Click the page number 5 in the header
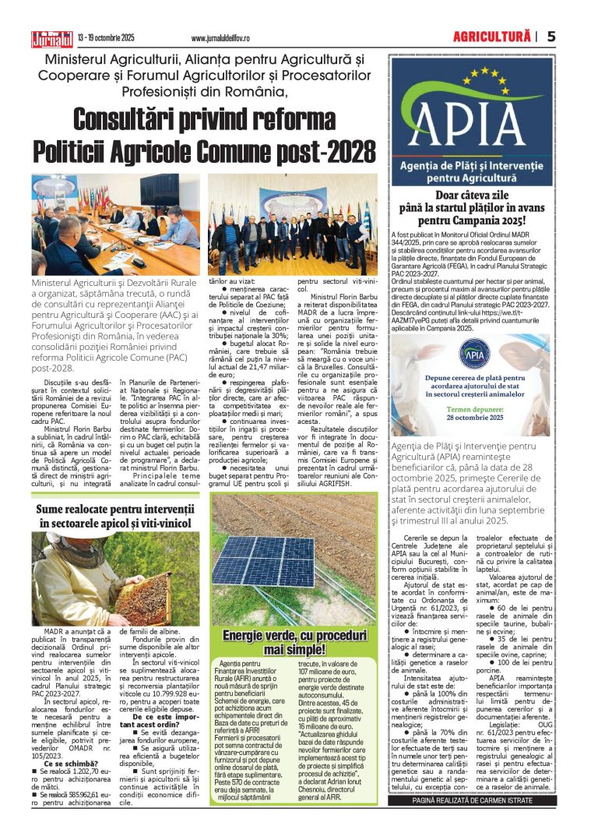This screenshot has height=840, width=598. coord(551,36)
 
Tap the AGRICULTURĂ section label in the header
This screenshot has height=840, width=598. coord(492,36)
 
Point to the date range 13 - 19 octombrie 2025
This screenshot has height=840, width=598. coord(106,37)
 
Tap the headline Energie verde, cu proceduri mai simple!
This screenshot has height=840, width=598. coord(294,641)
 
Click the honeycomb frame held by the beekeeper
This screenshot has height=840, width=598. coord(141,597)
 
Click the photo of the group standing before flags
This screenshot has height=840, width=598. coord(290,225)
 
